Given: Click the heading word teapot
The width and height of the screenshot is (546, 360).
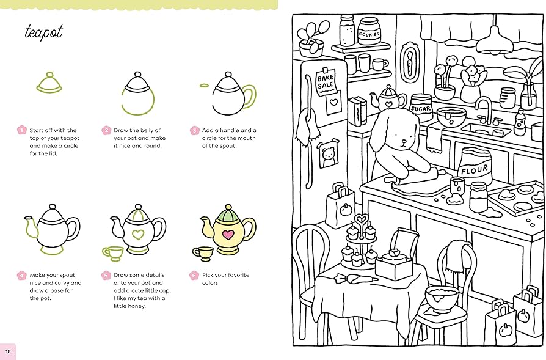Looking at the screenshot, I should [43, 32].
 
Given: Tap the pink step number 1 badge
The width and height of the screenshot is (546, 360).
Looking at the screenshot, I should [22, 130].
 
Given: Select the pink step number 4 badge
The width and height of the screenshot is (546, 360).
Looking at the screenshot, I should [22, 276].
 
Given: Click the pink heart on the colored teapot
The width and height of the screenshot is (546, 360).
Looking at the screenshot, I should [227, 234].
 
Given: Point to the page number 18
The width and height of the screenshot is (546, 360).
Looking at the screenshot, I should [8, 351].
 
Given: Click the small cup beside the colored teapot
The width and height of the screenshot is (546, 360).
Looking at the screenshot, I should [203, 252].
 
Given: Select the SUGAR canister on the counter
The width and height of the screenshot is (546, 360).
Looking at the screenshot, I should [420, 106].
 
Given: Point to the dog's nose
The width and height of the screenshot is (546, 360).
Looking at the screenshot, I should [404, 141].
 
